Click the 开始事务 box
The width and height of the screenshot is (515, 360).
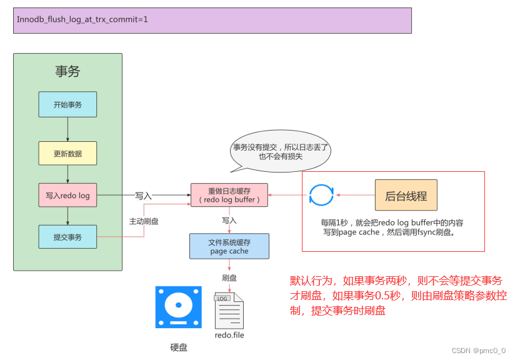pyautogui.click(x=67, y=105)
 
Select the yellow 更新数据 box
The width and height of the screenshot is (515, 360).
pyautogui.click(x=67, y=153)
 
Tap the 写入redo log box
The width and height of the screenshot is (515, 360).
pyautogui.click(x=67, y=196)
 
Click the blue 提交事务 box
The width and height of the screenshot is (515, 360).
pyautogui.click(x=67, y=237)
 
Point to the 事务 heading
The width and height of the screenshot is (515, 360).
pyautogui.click(x=67, y=71)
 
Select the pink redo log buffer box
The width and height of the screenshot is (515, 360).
pyautogui.click(x=229, y=195)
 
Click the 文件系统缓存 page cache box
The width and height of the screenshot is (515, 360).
pyautogui.click(x=229, y=246)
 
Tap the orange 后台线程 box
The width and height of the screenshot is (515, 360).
pyautogui.click(x=406, y=196)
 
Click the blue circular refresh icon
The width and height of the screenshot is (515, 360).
pyautogui.click(x=322, y=196)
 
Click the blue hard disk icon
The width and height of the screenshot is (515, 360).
pyautogui.click(x=178, y=307)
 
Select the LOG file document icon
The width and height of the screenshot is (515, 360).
pyautogui.click(x=229, y=310)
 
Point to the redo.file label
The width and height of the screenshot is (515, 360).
pyautogui.click(x=229, y=336)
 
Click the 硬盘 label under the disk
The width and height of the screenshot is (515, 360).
pyautogui.click(x=179, y=347)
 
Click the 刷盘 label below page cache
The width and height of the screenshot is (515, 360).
pyautogui.click(x=229, y=277)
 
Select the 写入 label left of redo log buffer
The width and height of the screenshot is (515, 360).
pyautogui.click(x=144, y=196)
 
